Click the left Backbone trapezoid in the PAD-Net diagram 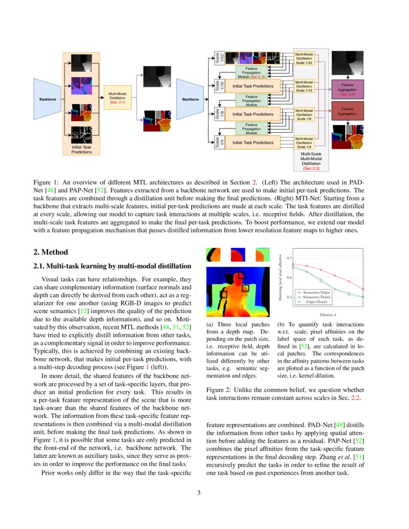pyautogui.click(x=47, y=99)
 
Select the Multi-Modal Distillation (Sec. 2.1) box pyautogui.click(x=117, y=97)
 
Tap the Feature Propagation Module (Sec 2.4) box pyautogui.click(x=251, y=73)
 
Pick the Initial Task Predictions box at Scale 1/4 pyautogui.click(x=253, y=142)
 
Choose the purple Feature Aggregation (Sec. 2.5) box pyautogui.click(x=347, y=89)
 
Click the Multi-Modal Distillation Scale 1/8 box pyautogui.click(x=304, y=114)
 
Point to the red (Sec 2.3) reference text pyautogui.click(x=311, y=169)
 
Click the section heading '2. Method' pyautogui.click(x=51, y=252)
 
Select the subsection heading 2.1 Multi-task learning pyautogui.click(x=112, y=266)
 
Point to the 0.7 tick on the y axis pyautogui.click(x=288, y=258)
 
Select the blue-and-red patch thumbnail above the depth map pyautogui.click(x=237, y=253)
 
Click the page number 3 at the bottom pyautogui.click(x=204, y=493)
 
